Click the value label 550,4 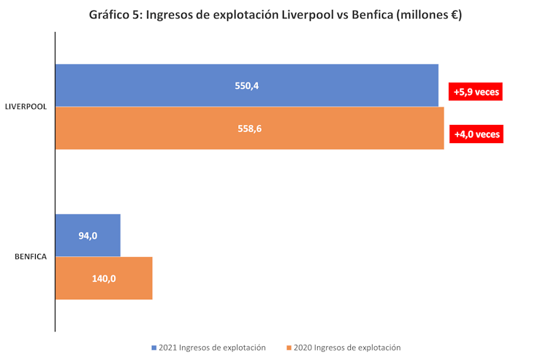tap(247, 85)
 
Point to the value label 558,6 tap(249, 129)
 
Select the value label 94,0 tap(88, 235)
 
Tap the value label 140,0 tap(104, 278)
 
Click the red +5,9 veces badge tap(476, 93)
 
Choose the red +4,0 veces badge tap(476, 134)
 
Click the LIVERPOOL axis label tap(26, 107)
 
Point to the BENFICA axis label tap(31, 256)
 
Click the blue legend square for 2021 tap(154, 348)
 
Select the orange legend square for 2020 tap(289, 348)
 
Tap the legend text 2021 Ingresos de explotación tap(213, 348)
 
